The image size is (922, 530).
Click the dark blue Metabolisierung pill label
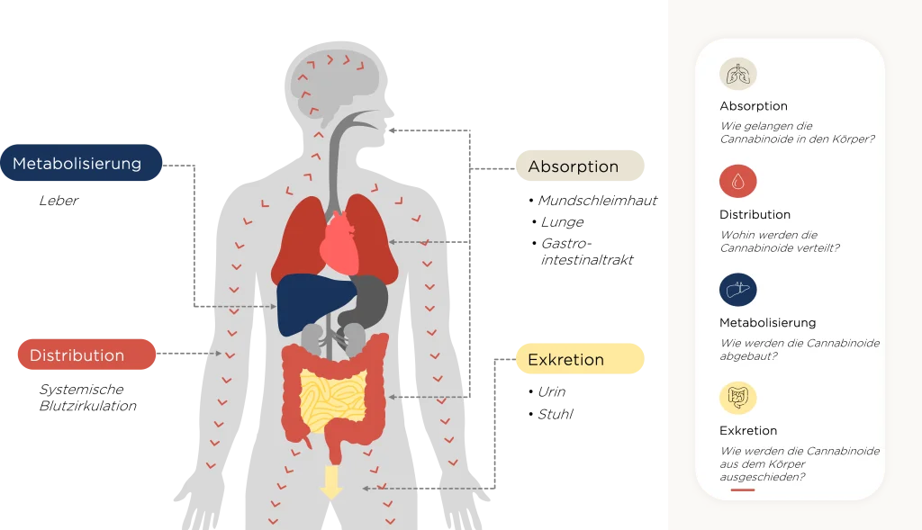81,163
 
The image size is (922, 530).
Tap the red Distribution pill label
86,355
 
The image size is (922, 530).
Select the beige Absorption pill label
580,166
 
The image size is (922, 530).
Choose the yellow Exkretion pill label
580,358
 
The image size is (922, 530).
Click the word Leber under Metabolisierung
59,201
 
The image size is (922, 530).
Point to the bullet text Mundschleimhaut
598,201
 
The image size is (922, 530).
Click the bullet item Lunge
562,222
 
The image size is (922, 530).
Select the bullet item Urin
552,391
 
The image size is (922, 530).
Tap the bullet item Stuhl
555,414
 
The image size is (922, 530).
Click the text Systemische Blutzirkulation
87,397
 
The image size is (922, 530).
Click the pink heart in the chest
339,243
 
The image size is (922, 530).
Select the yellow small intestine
333,399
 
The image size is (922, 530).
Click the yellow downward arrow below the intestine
331,481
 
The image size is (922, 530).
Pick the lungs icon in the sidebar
738,74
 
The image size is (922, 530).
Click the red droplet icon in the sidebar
738,181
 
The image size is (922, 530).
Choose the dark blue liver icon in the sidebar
738,290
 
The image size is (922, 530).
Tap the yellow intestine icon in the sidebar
738,398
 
